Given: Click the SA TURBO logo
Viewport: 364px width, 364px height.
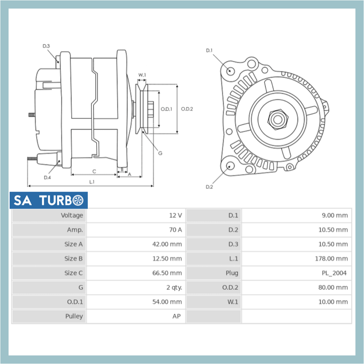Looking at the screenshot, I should (x=48, y=201).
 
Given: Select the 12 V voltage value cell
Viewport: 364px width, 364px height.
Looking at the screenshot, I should (x=175, y=216).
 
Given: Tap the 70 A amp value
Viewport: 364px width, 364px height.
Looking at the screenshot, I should (x=175, y=230).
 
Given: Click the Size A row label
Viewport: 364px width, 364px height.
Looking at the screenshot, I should (x=74, y=244).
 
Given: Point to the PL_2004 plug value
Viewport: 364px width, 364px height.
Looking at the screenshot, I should (x=334, y=273).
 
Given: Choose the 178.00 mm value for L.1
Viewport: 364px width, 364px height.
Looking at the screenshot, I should (x=331, y=259).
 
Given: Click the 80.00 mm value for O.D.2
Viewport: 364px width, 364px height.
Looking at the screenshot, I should (x=333, y=287).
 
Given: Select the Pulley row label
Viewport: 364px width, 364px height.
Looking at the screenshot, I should (x=74, y=316).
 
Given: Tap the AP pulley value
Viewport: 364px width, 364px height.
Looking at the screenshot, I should (x=176, y=316).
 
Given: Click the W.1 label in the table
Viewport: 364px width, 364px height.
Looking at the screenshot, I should (x=233, y=302).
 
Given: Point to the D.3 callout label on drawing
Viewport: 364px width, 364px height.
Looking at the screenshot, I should (x=46, y=46).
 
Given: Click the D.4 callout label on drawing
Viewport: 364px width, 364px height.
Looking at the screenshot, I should (x=47, y=177).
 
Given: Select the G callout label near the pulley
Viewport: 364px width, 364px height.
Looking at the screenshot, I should (x=160, y=153).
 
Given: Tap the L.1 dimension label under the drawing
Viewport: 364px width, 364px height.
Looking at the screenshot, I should (x=92, y=182).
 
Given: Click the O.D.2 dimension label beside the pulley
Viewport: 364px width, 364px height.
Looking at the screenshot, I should (x=187, y=109).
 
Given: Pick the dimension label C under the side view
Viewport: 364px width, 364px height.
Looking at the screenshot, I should (x=94, y=172).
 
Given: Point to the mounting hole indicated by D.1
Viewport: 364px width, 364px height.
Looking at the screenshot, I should (x=230, y=70).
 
